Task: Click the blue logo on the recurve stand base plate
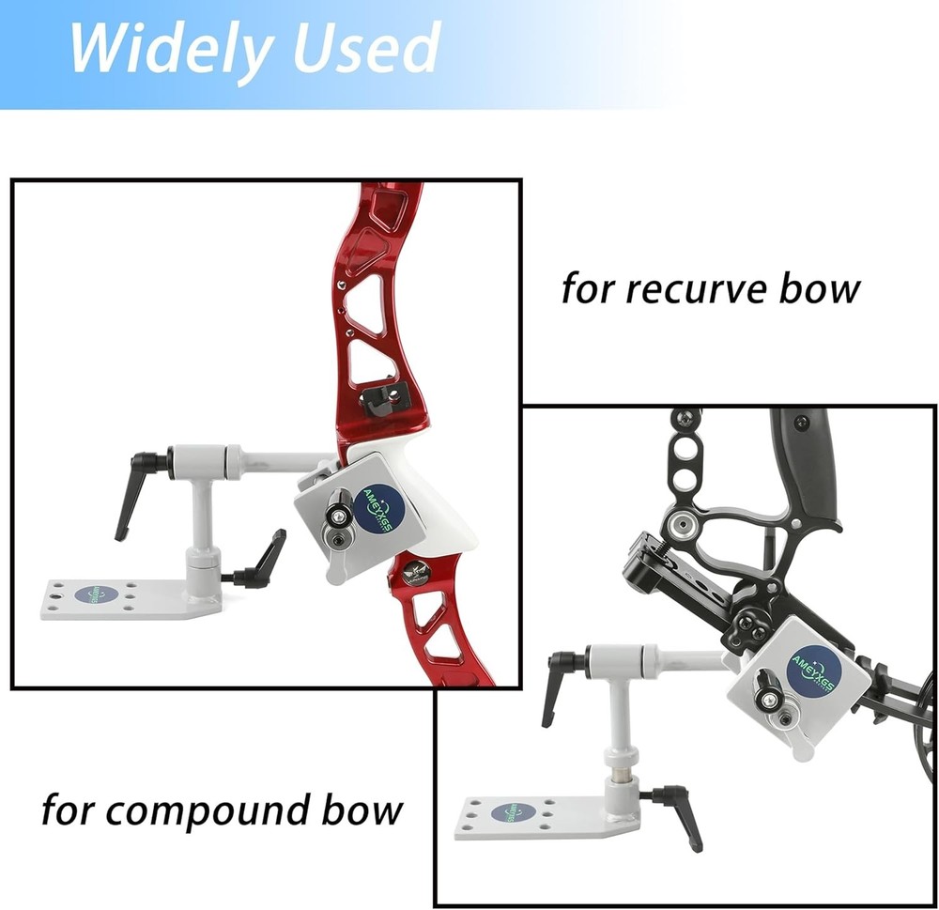pyautogui.click(x=96, y=595)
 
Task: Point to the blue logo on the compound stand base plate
pyautogui.click(x=519, y=810)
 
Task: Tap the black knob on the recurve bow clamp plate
pyautogui.click(x=337, y=514)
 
